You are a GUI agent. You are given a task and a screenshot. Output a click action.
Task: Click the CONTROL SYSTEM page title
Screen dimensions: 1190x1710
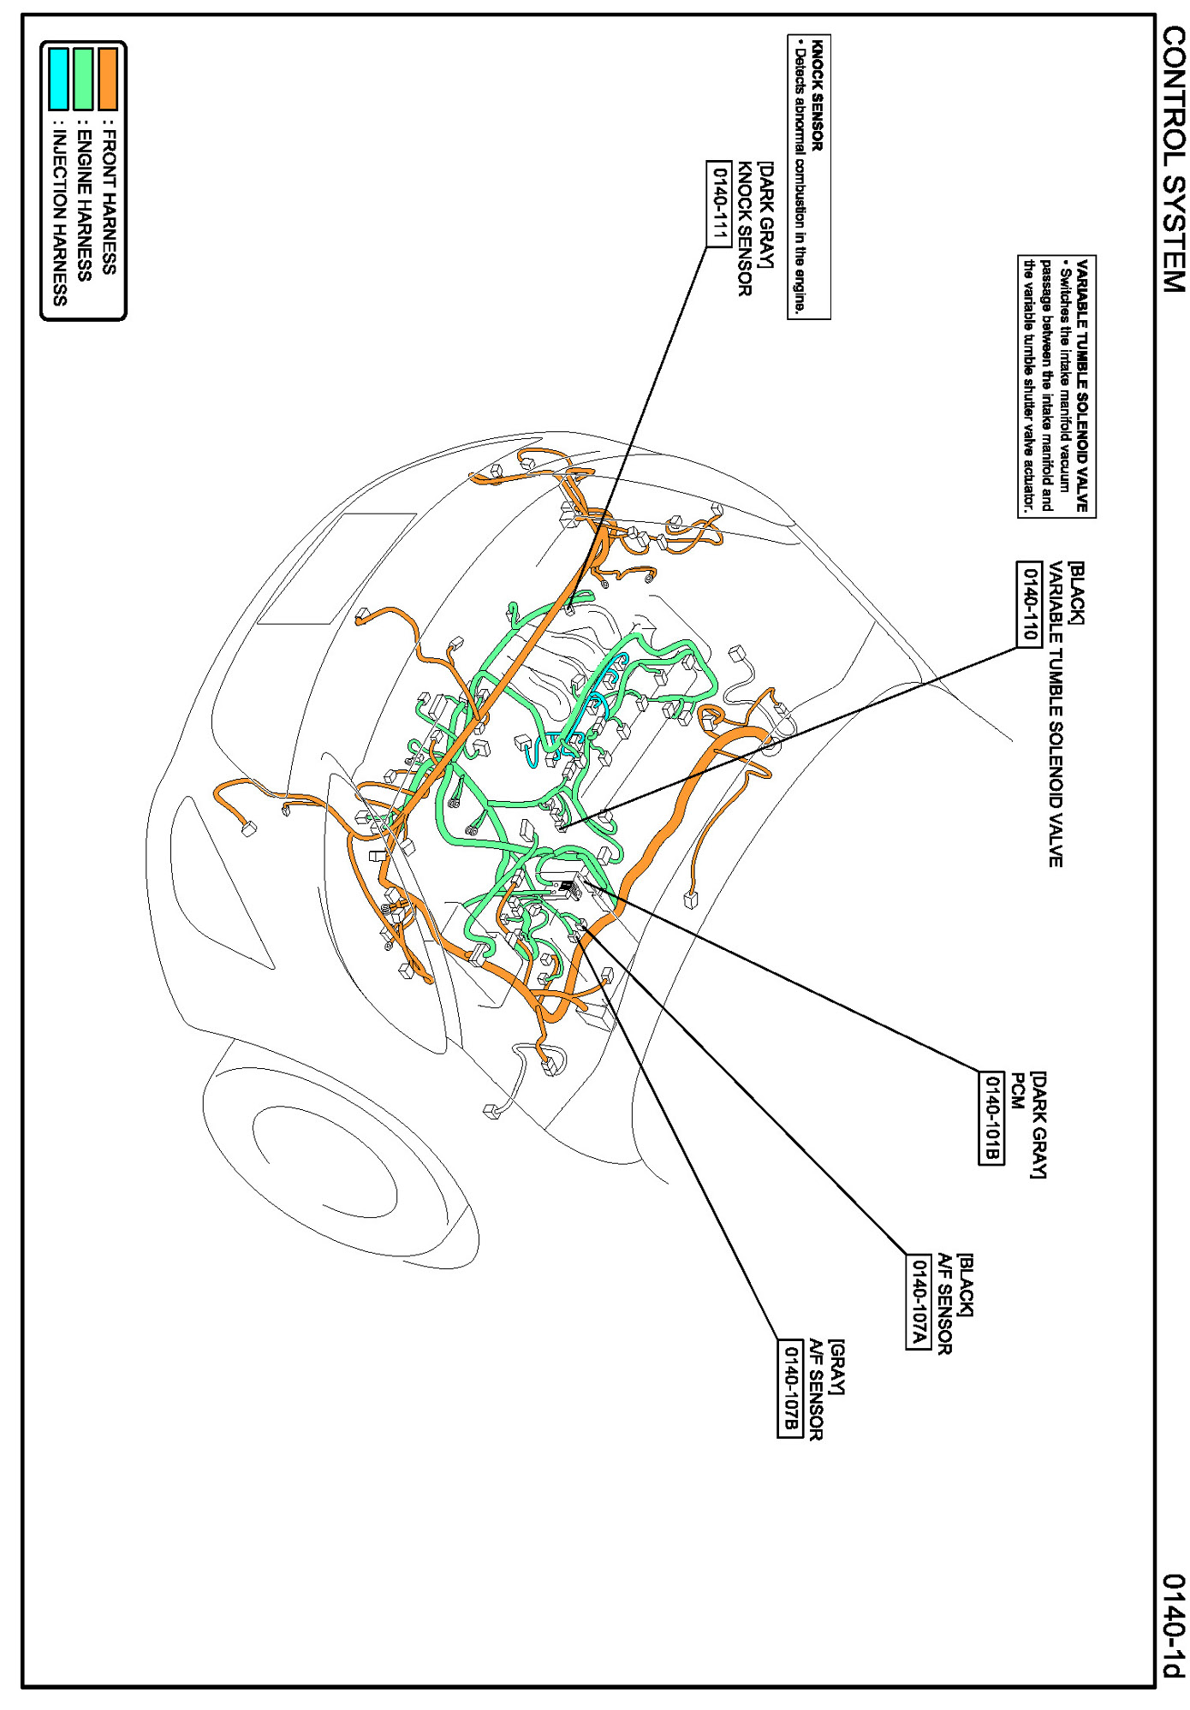1174,159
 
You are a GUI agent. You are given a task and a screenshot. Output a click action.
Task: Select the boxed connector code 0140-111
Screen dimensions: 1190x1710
719,204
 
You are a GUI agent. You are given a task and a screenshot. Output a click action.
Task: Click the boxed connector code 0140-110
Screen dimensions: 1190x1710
1029,604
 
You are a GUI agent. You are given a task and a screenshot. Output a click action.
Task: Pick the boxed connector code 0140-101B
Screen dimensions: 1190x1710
991,1117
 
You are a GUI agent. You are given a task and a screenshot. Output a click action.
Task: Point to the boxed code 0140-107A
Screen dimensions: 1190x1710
919,1301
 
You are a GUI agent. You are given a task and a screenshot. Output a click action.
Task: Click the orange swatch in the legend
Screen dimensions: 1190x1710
108,78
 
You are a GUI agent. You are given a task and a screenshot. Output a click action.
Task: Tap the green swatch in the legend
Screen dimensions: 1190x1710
83,78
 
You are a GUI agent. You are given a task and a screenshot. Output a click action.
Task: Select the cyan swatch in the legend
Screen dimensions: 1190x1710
58,78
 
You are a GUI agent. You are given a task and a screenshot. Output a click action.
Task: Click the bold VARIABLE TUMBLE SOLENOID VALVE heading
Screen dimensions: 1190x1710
1082,386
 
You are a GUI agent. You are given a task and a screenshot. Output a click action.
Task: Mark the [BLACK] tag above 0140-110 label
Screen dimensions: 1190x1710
1075,593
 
